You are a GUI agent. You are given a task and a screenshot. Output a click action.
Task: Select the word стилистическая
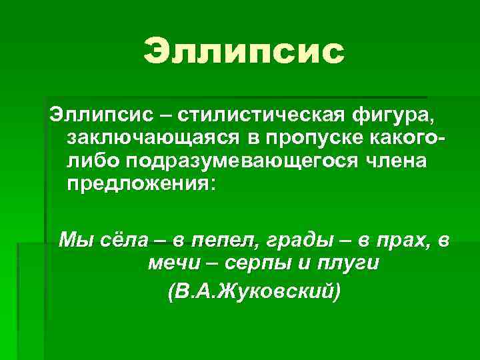(x=261, y=116)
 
